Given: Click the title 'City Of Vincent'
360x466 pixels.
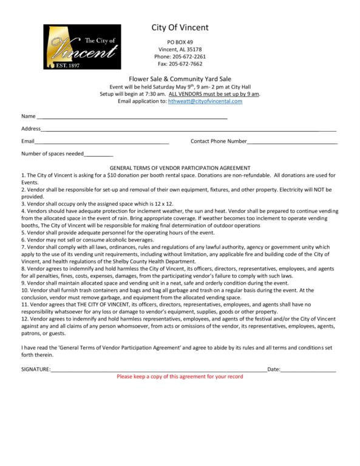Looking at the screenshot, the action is [180, 27].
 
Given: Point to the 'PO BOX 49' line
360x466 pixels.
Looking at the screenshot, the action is [180, 41].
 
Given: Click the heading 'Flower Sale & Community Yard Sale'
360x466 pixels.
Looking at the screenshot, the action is [180, 79].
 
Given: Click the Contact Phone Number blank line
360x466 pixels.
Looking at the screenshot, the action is [293, 142].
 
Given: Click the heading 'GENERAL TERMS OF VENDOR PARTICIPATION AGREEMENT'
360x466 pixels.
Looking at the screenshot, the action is [180, 168].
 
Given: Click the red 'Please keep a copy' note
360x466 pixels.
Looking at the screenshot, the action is [180, 377].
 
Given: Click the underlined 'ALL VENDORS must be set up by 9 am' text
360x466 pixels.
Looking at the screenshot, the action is [214, 94].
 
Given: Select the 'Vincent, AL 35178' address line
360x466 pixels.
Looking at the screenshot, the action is [180, 49].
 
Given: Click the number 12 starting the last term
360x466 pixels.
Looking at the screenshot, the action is [24, 319].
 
